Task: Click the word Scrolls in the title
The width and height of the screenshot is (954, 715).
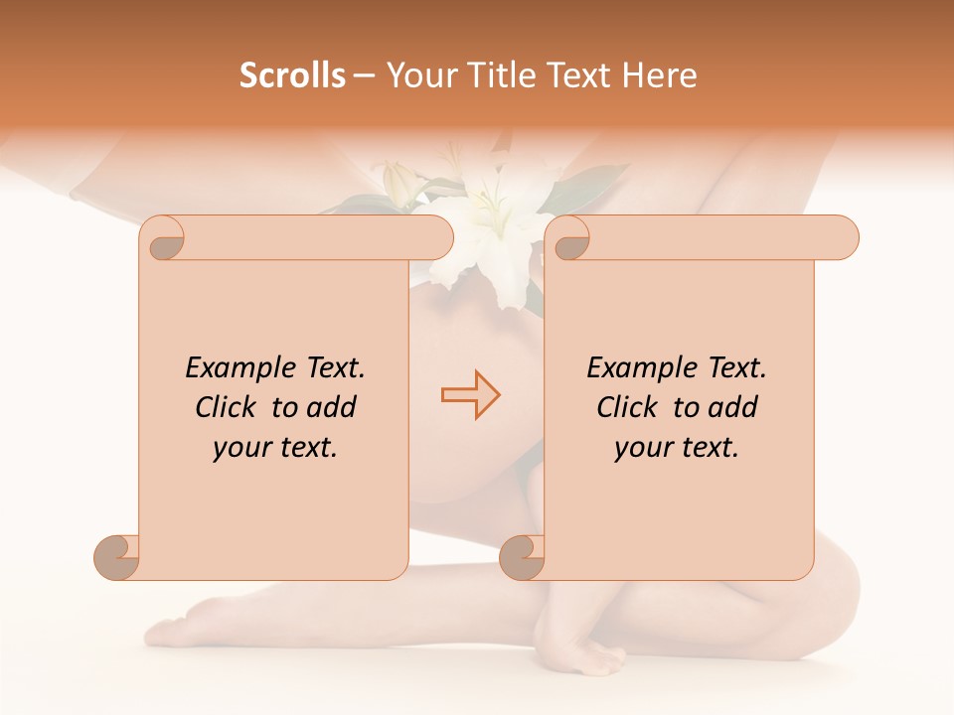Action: [x=292, y=74]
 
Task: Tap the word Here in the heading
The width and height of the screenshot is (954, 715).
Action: [x=658, y=74]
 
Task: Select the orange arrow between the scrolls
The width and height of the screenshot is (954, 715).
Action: [x=470, y=395]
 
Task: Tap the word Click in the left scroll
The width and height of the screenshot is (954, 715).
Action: [x=228, y=407]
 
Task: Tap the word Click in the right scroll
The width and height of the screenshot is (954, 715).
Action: [x=629, y=407]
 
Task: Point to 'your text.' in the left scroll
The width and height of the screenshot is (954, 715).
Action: [x=274, y=447]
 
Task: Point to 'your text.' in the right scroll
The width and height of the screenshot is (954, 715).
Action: [x=676, y=447]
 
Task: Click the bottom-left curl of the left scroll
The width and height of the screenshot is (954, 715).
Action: [x=117, y=557]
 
